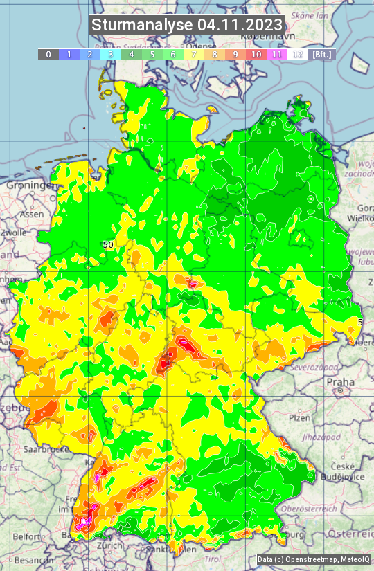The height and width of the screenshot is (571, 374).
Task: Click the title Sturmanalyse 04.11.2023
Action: pos(187,25)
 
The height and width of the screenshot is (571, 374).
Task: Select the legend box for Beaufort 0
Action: pos(48,54)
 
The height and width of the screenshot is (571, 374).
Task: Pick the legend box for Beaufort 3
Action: pos(111,54)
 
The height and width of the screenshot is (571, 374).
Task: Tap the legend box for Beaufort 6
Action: pos(173,54)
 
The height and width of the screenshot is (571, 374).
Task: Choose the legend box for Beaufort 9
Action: pos(235,54)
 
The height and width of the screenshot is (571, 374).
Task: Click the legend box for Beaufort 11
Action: pos(277,54)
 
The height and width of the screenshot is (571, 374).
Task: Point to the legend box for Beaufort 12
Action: pos(298,54)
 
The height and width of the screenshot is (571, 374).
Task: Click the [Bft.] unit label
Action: pos(321,54)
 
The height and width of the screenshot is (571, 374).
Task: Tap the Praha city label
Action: pos(340,381)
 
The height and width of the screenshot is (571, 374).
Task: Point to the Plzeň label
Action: pos(299,418)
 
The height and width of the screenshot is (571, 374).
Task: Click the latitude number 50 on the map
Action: pos(107,244)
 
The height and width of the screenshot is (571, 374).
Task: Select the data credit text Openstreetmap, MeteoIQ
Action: pos(314,559)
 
